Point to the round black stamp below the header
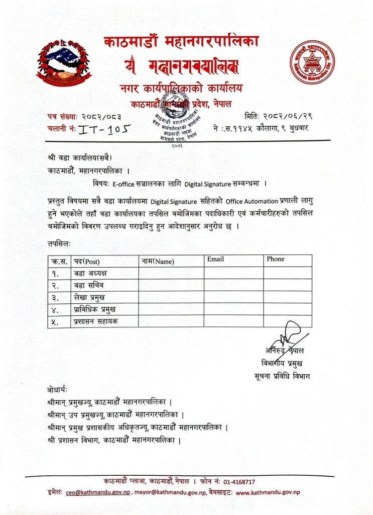coord(173,119)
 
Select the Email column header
coord(215,260)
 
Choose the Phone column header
coord(276,260)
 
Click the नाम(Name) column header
coord(158,261)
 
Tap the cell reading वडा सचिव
coord(89,285)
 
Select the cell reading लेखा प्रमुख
coord(89,297)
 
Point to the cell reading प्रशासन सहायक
coord(96,321)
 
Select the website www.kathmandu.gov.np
coord(268,493)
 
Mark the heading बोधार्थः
coord(56,389)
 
